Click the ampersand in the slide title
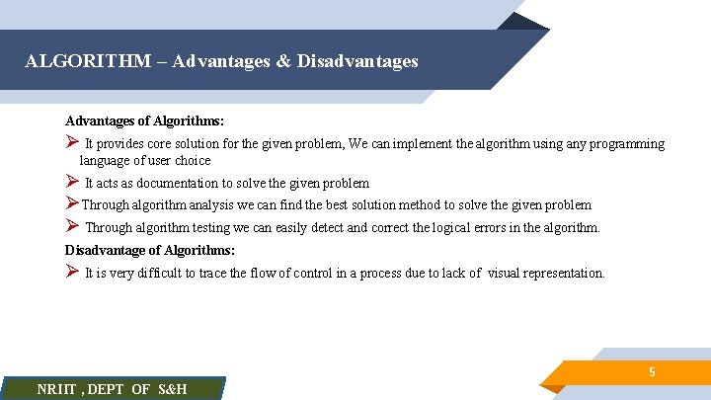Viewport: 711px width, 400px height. pos(283,61)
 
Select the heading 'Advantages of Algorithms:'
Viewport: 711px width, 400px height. pos(144,120)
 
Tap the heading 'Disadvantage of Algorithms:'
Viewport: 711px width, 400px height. pos(150,250)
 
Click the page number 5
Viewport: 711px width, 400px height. pos(652,372)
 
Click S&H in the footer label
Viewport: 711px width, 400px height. pos(173,389)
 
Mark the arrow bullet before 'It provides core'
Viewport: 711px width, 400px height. pos(71,143)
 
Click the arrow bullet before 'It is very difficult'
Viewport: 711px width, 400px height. pos(71,272)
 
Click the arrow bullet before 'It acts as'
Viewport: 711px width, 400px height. pos(71,182)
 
